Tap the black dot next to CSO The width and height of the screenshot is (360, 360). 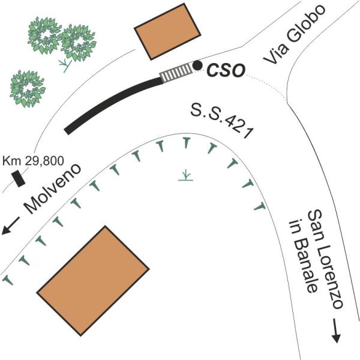coord(197,65)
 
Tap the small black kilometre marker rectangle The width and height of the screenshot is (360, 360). coord(18,178)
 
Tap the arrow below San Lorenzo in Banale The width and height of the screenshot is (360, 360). coord(335,332)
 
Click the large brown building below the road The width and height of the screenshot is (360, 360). coord(92,280)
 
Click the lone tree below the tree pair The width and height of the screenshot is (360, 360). coord(28,89)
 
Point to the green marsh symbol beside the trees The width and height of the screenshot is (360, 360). coord(64,62)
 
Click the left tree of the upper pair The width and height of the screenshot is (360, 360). coord(45,35)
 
